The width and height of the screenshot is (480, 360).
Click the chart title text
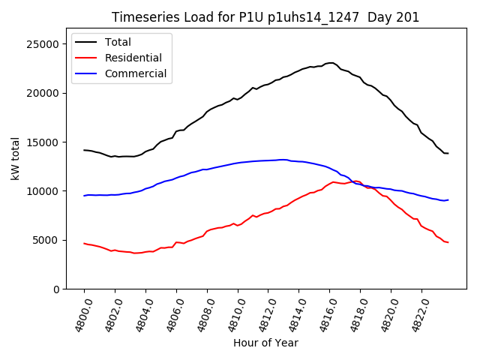tap(265, 17)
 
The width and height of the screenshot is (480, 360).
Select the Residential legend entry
tap(134, 58)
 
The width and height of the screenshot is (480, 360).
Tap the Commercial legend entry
tap(136, 73)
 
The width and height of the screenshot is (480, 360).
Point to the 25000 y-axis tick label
tap(44, 44)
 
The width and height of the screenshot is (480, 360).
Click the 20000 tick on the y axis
tap(44, 93)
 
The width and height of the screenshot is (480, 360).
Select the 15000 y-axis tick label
tap(44, 142)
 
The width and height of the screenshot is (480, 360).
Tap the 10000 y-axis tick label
tap(44, 191)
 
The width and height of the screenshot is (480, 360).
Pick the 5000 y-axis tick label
tap(47, 240)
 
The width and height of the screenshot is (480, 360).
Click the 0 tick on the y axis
tap(57, 289)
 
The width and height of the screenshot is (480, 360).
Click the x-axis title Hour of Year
tap(265, 343)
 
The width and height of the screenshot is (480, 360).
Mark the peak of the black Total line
tap(331, 63)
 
